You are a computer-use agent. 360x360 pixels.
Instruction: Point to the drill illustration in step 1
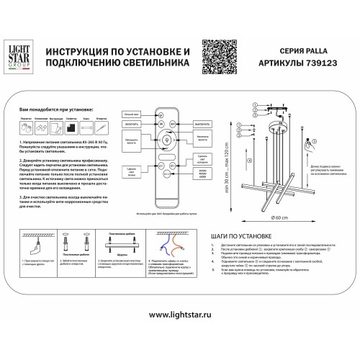click(x=27, y=240)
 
